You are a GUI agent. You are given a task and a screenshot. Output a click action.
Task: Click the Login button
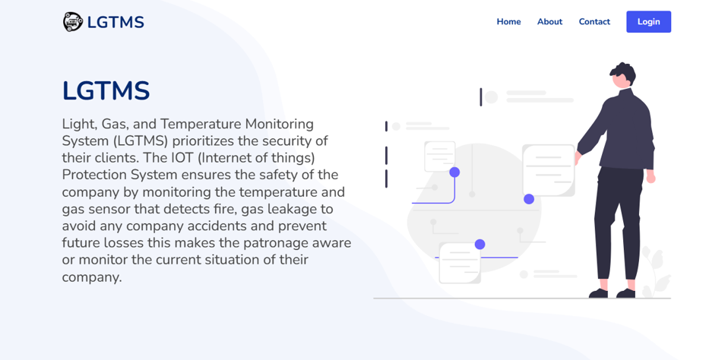[648, 22]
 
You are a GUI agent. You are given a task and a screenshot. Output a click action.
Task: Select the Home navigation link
[508, 22]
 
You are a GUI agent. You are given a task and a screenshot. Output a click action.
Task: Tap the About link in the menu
[549, 22]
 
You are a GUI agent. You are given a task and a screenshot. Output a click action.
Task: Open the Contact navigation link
[594, 22]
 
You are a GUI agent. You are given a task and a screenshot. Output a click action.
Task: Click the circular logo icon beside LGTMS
[73, 22]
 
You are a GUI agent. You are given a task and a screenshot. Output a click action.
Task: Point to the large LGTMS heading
[106, 91]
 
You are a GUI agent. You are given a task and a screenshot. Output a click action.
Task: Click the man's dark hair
[624, 73]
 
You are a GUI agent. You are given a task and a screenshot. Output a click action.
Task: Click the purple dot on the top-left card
[454, 172]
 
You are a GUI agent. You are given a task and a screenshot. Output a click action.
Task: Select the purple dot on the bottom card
[480, 245]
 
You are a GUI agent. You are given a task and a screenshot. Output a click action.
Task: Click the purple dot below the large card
[529, 199]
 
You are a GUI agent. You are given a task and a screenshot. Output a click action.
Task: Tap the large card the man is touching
[549, 170]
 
